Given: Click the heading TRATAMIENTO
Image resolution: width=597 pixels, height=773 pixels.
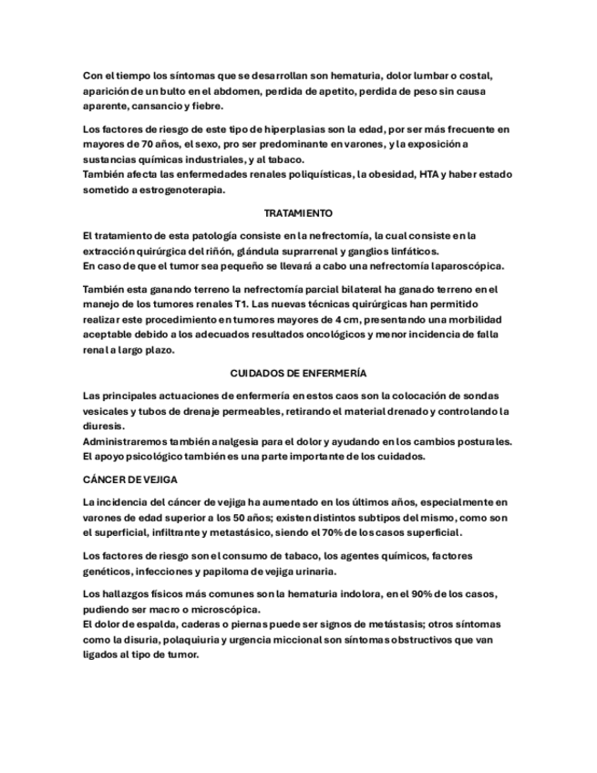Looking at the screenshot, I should (298, 213).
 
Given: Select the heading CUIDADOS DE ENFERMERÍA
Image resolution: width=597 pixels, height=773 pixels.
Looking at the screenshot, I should (298, 374).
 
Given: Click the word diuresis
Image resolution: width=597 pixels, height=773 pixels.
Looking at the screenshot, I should (102, 426).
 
